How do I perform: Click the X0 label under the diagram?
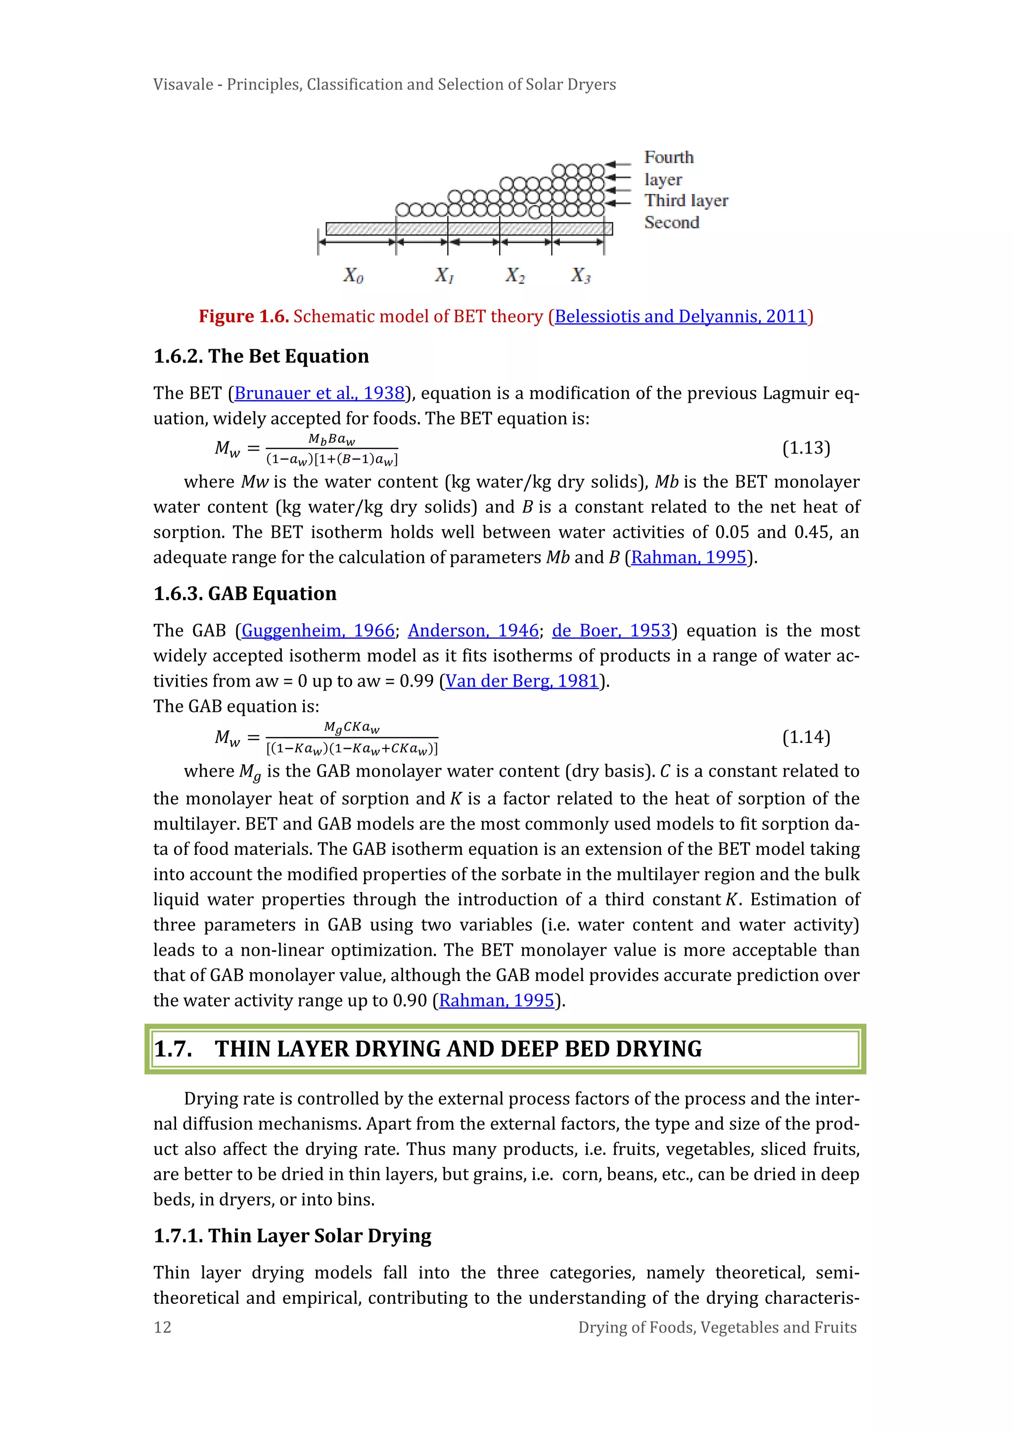click(353, 275)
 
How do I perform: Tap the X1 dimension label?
click(444, 275)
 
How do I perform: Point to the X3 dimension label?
click(580, 275)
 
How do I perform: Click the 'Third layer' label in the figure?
click(686, 201)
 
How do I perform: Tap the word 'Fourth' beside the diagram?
click(669, 157)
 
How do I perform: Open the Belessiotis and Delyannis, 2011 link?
click(681, 317)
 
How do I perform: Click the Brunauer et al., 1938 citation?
click(320, 394)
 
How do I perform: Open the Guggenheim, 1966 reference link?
click(318, 631)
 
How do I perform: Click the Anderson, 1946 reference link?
click(473, 631)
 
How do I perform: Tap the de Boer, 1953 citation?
click(611, 631)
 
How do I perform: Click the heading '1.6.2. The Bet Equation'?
click(261, 356)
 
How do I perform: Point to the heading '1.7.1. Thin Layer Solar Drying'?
click(292, 1236)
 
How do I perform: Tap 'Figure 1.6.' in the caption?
click(243, 317)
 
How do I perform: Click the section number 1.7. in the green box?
click(174, 1049)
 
